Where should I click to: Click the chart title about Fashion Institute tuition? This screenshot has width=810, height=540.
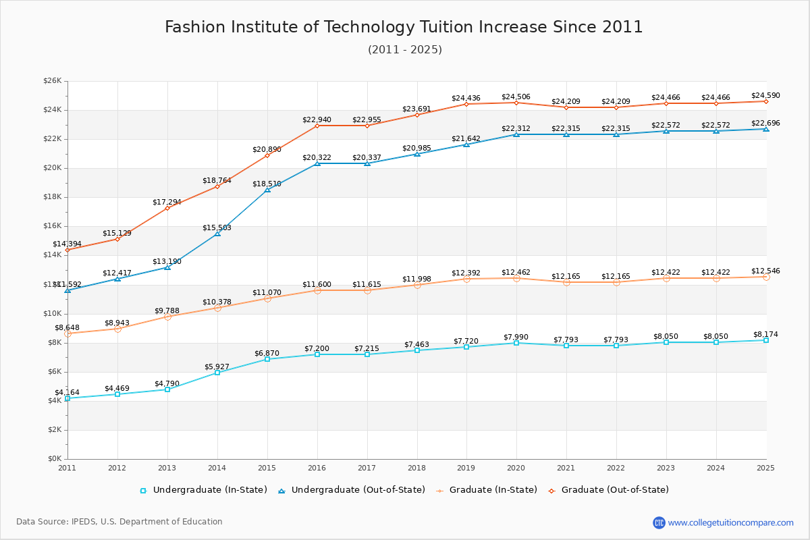(404, 27)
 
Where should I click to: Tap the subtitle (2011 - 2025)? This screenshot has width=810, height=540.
(404, 50)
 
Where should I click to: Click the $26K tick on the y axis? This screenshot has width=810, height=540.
(53, 81)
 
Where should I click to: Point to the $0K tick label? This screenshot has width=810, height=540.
(54, 459)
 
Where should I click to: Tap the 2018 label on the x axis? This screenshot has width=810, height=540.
(417, 467)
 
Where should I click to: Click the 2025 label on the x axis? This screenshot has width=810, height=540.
(765, 467)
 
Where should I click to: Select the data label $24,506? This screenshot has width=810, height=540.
(516, 97)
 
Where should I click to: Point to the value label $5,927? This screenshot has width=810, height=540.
(217, 367)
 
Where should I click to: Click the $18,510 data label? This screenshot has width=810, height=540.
(267, 184)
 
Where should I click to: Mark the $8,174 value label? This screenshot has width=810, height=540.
(765, 334)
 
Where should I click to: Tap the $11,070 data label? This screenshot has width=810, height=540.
(267, 292)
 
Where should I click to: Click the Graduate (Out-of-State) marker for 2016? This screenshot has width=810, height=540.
(317, 126)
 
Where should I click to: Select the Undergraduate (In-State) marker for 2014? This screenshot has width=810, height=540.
(217, 373)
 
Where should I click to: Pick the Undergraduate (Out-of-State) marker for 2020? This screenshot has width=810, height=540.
(516, 134)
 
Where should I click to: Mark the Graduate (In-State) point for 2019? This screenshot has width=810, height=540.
(466, 279)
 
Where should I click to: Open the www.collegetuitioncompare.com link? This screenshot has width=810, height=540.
(730, 522)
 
